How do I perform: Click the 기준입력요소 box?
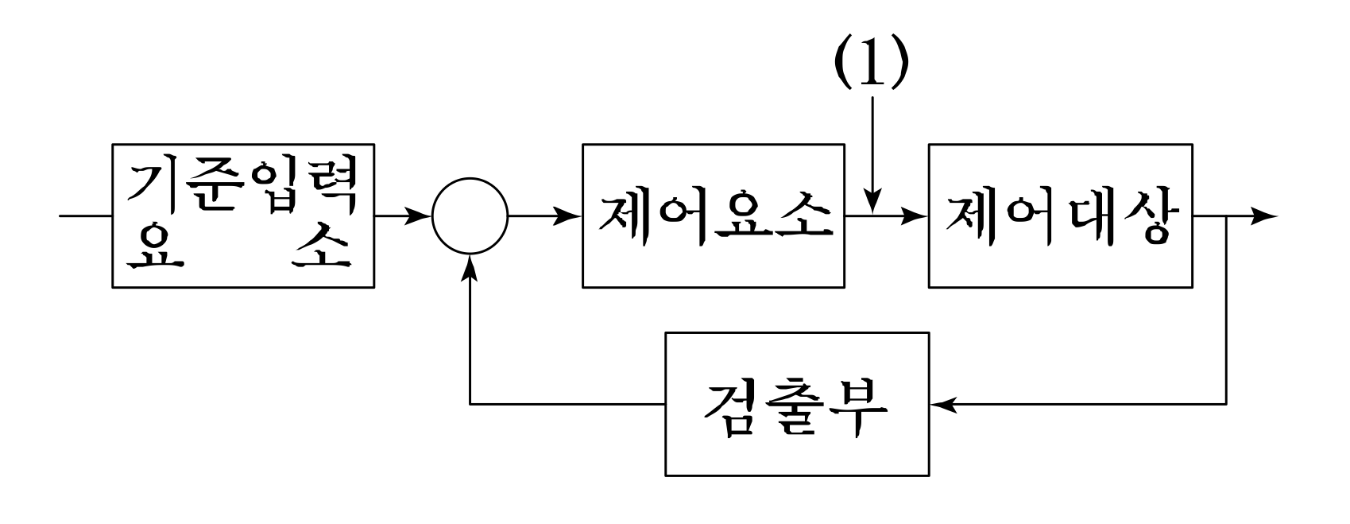coord(243,216)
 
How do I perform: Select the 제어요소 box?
coord(713,215)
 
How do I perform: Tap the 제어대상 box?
coord(1059,215)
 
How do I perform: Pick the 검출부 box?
coord(796,404)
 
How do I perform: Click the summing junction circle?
coord(470,215)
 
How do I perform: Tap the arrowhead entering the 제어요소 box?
coord(569,215)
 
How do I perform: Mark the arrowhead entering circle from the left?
coord(418,215)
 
